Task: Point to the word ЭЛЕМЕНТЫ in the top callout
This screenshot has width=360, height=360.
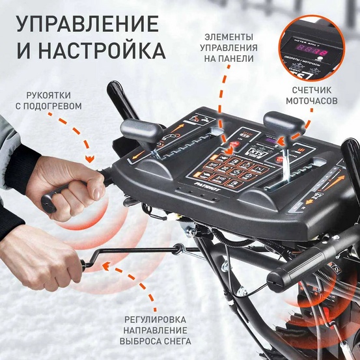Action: click(230, 35)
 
